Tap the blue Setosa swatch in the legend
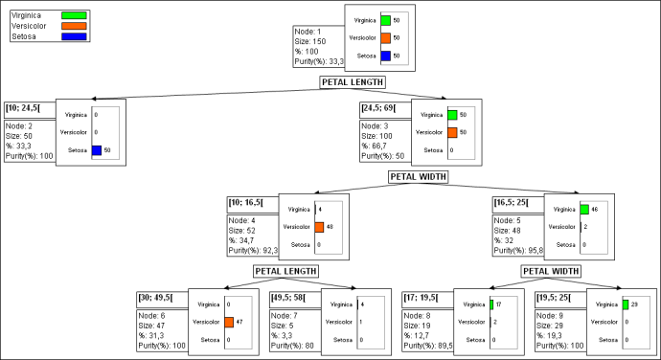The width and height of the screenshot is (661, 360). (73, 36)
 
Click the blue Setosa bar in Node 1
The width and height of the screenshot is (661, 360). (384, 56)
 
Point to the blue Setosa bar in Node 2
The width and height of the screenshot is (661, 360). (96, 150)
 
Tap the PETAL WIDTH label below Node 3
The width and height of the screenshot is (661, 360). (422, 177)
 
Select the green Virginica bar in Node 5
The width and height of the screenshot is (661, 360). (583, 208)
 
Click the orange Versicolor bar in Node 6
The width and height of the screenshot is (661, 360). (229, 321)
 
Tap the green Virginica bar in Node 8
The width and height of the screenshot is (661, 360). (491, 304)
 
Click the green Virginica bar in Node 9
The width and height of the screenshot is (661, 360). (625, 304)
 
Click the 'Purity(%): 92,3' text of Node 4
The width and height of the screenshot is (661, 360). (253, 249)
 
